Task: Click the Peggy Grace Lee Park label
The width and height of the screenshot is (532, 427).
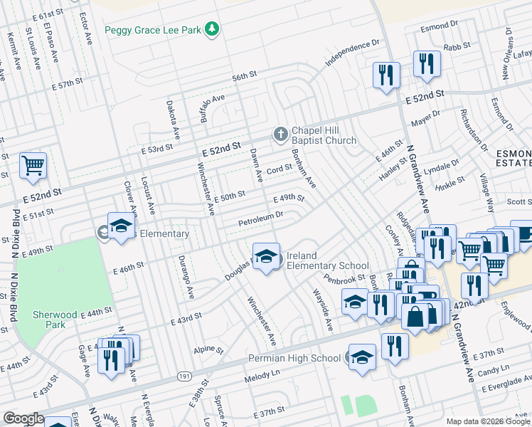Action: (153, 30)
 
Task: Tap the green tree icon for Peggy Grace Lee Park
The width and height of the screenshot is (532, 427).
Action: (211, 29)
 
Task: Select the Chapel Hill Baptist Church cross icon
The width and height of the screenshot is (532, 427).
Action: (281, 134)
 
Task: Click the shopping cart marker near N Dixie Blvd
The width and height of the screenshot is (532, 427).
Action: (33, 167)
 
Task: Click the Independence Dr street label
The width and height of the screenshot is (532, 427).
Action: (353, 54)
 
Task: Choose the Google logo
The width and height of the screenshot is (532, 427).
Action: (23, 418)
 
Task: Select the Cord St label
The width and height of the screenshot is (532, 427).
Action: (280, 169)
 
